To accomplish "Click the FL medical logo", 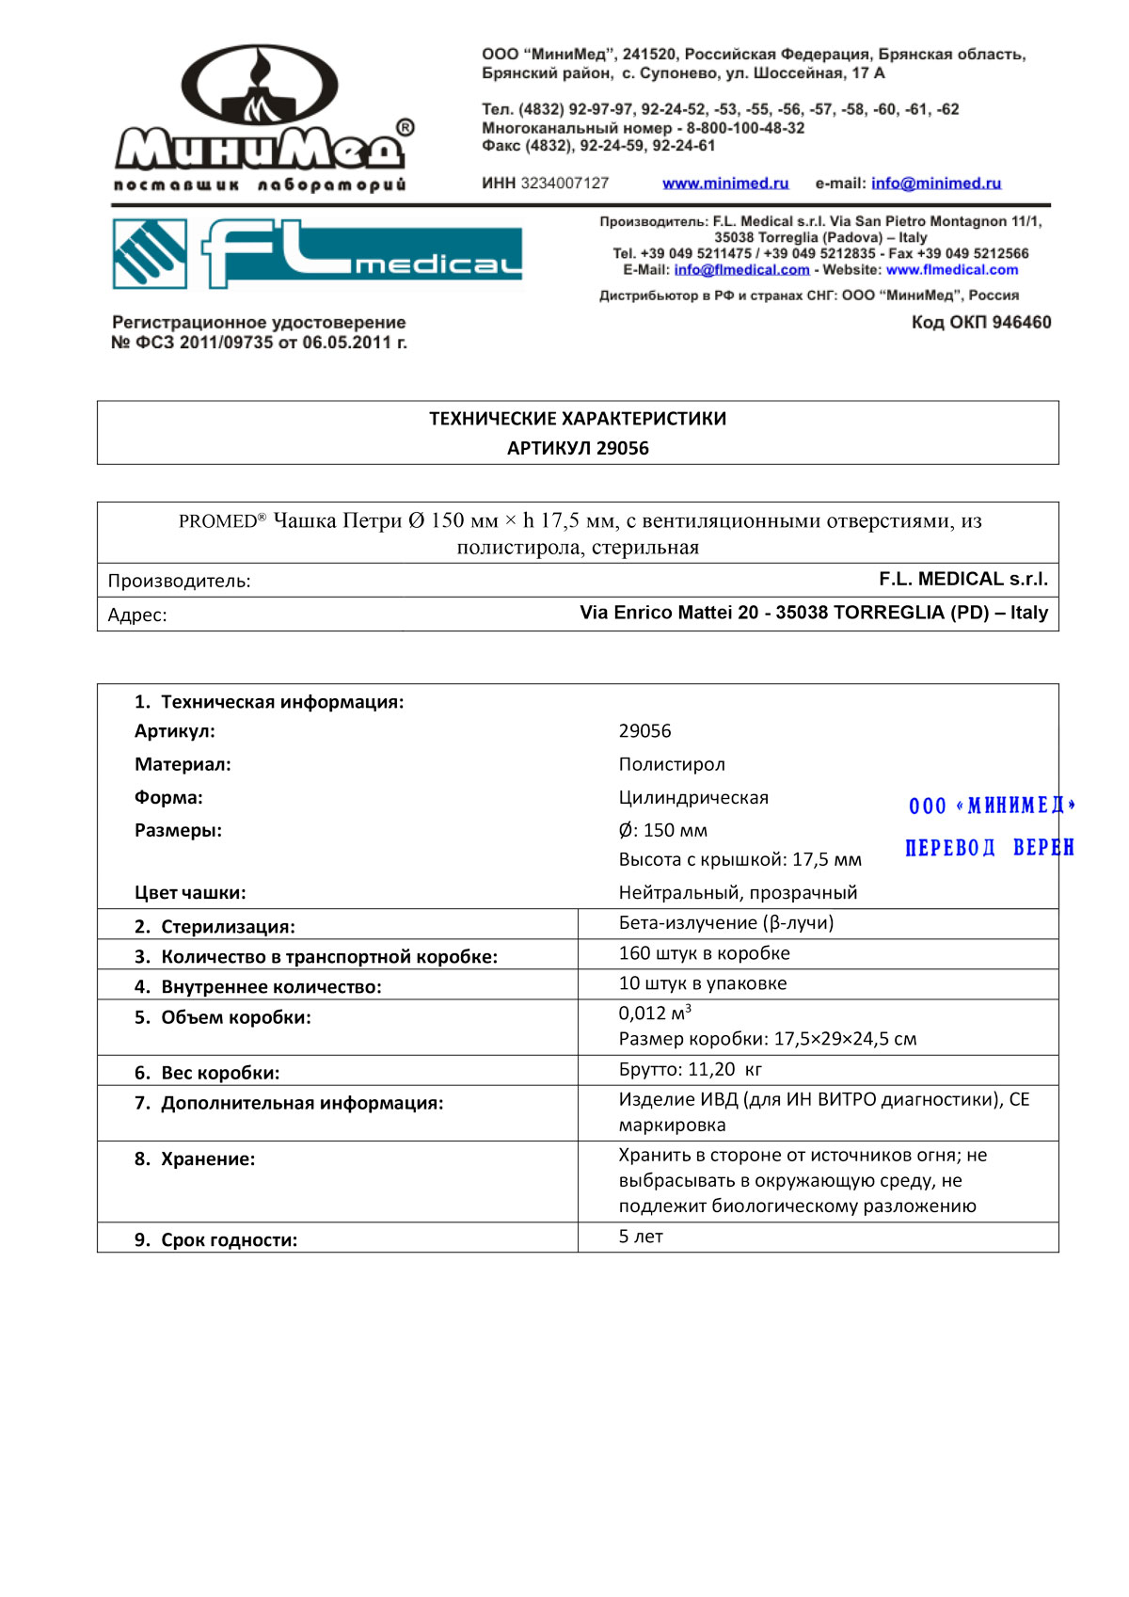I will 317,253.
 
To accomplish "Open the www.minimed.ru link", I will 725,184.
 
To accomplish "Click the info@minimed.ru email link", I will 935,184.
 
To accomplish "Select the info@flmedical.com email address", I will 741,270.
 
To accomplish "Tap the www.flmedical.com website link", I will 951,270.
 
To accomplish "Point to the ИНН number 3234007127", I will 564,184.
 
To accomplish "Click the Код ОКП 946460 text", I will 980,323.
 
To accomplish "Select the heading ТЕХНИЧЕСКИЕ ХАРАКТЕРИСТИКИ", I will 578,419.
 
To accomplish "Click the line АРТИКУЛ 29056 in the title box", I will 578,448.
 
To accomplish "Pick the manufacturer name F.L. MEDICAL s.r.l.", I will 962,579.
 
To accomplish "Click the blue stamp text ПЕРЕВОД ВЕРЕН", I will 989,848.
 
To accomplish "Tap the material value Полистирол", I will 672,764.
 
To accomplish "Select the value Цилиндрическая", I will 693,798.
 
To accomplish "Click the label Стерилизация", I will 227,927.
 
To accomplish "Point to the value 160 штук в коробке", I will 704,953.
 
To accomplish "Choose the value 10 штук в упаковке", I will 702,983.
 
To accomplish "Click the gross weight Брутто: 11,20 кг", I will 690,1070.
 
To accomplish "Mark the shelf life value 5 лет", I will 640,1237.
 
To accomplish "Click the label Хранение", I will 207,1159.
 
